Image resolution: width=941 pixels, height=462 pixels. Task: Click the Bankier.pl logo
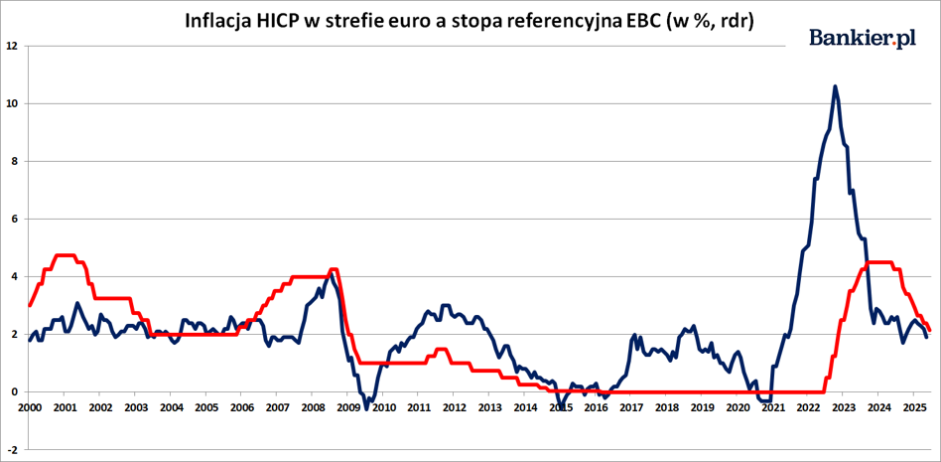pos(863,38)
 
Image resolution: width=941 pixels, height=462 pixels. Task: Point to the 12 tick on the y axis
pos(11,46)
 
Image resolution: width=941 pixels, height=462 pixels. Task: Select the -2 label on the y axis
pos(12,449)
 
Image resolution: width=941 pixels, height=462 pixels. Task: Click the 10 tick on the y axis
pos(11,103)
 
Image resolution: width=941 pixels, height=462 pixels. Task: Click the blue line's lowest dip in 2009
pos(366,409)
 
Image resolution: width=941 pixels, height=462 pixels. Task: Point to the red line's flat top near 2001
pos(65,255)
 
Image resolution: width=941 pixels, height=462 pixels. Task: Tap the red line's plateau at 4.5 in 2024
pos(878,262)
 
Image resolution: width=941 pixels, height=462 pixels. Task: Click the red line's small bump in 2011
pos(441,349)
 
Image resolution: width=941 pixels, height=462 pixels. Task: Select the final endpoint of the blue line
pos(926,337)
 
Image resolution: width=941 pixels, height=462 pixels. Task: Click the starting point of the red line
pos(30,305)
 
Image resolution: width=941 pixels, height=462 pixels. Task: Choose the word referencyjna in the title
pos(544,21)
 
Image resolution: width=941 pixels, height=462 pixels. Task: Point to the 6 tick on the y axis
pos(13,219)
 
